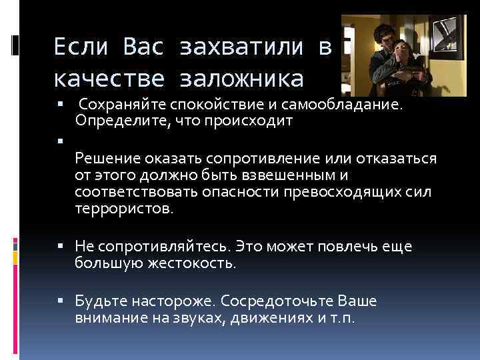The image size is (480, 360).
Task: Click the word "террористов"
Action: click(x=124, y=209)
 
